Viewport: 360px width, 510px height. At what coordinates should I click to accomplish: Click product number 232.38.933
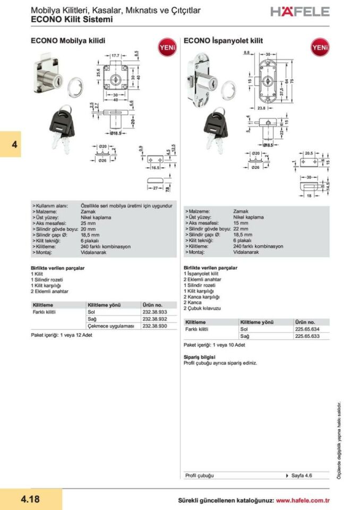[x=155, y=312]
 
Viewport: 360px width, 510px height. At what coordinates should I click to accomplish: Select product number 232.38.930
[x=155, y=326]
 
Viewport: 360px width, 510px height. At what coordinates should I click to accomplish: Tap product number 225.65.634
[x=307, y=329]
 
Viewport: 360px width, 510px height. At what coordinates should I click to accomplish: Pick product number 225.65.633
[x=307, y=336]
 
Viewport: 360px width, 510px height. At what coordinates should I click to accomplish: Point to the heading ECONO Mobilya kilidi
[x=68, y=40]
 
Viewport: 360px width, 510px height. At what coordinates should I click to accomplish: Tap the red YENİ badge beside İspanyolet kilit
[x=320, y=47]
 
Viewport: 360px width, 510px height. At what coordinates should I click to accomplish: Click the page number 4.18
[x=30, y=499]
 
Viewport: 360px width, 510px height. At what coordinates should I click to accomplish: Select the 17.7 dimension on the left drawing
[x=116, y=55]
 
